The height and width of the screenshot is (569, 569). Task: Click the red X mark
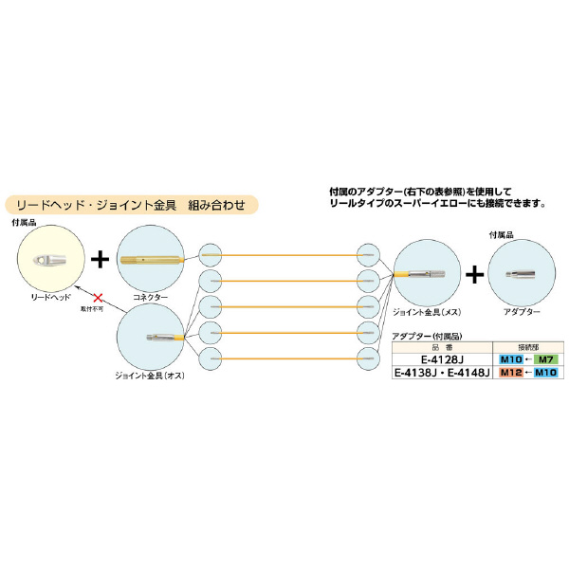pyautogui.click(x=96, y=295)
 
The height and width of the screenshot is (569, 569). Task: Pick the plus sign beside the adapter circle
pyautogui.click(x=474, y=273)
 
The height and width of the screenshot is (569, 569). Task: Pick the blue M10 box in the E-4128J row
pyautogui.click(x=508, y=360)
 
